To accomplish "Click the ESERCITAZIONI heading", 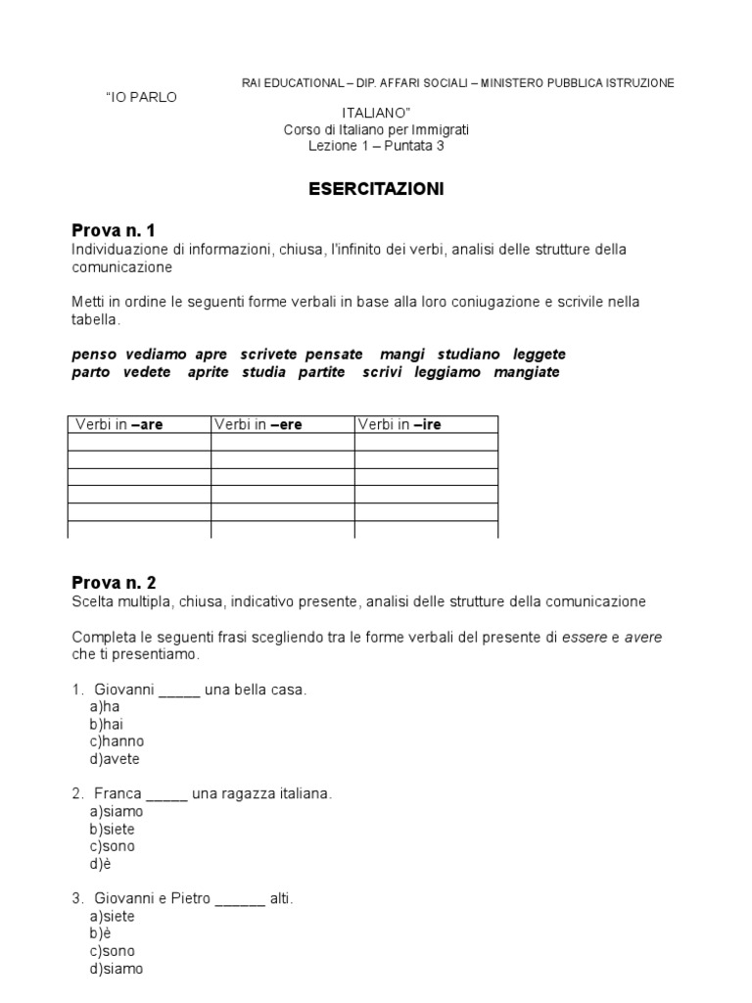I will point(376,189).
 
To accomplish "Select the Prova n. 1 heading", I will point(114,231).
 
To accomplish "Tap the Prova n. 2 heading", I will point(114,583).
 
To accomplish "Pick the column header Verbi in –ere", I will point(258,424).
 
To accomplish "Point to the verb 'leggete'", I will point(540,354).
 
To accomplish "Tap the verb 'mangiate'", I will point(527,372).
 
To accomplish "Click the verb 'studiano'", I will point(469,354).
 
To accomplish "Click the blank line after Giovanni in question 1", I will point(178,690).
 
